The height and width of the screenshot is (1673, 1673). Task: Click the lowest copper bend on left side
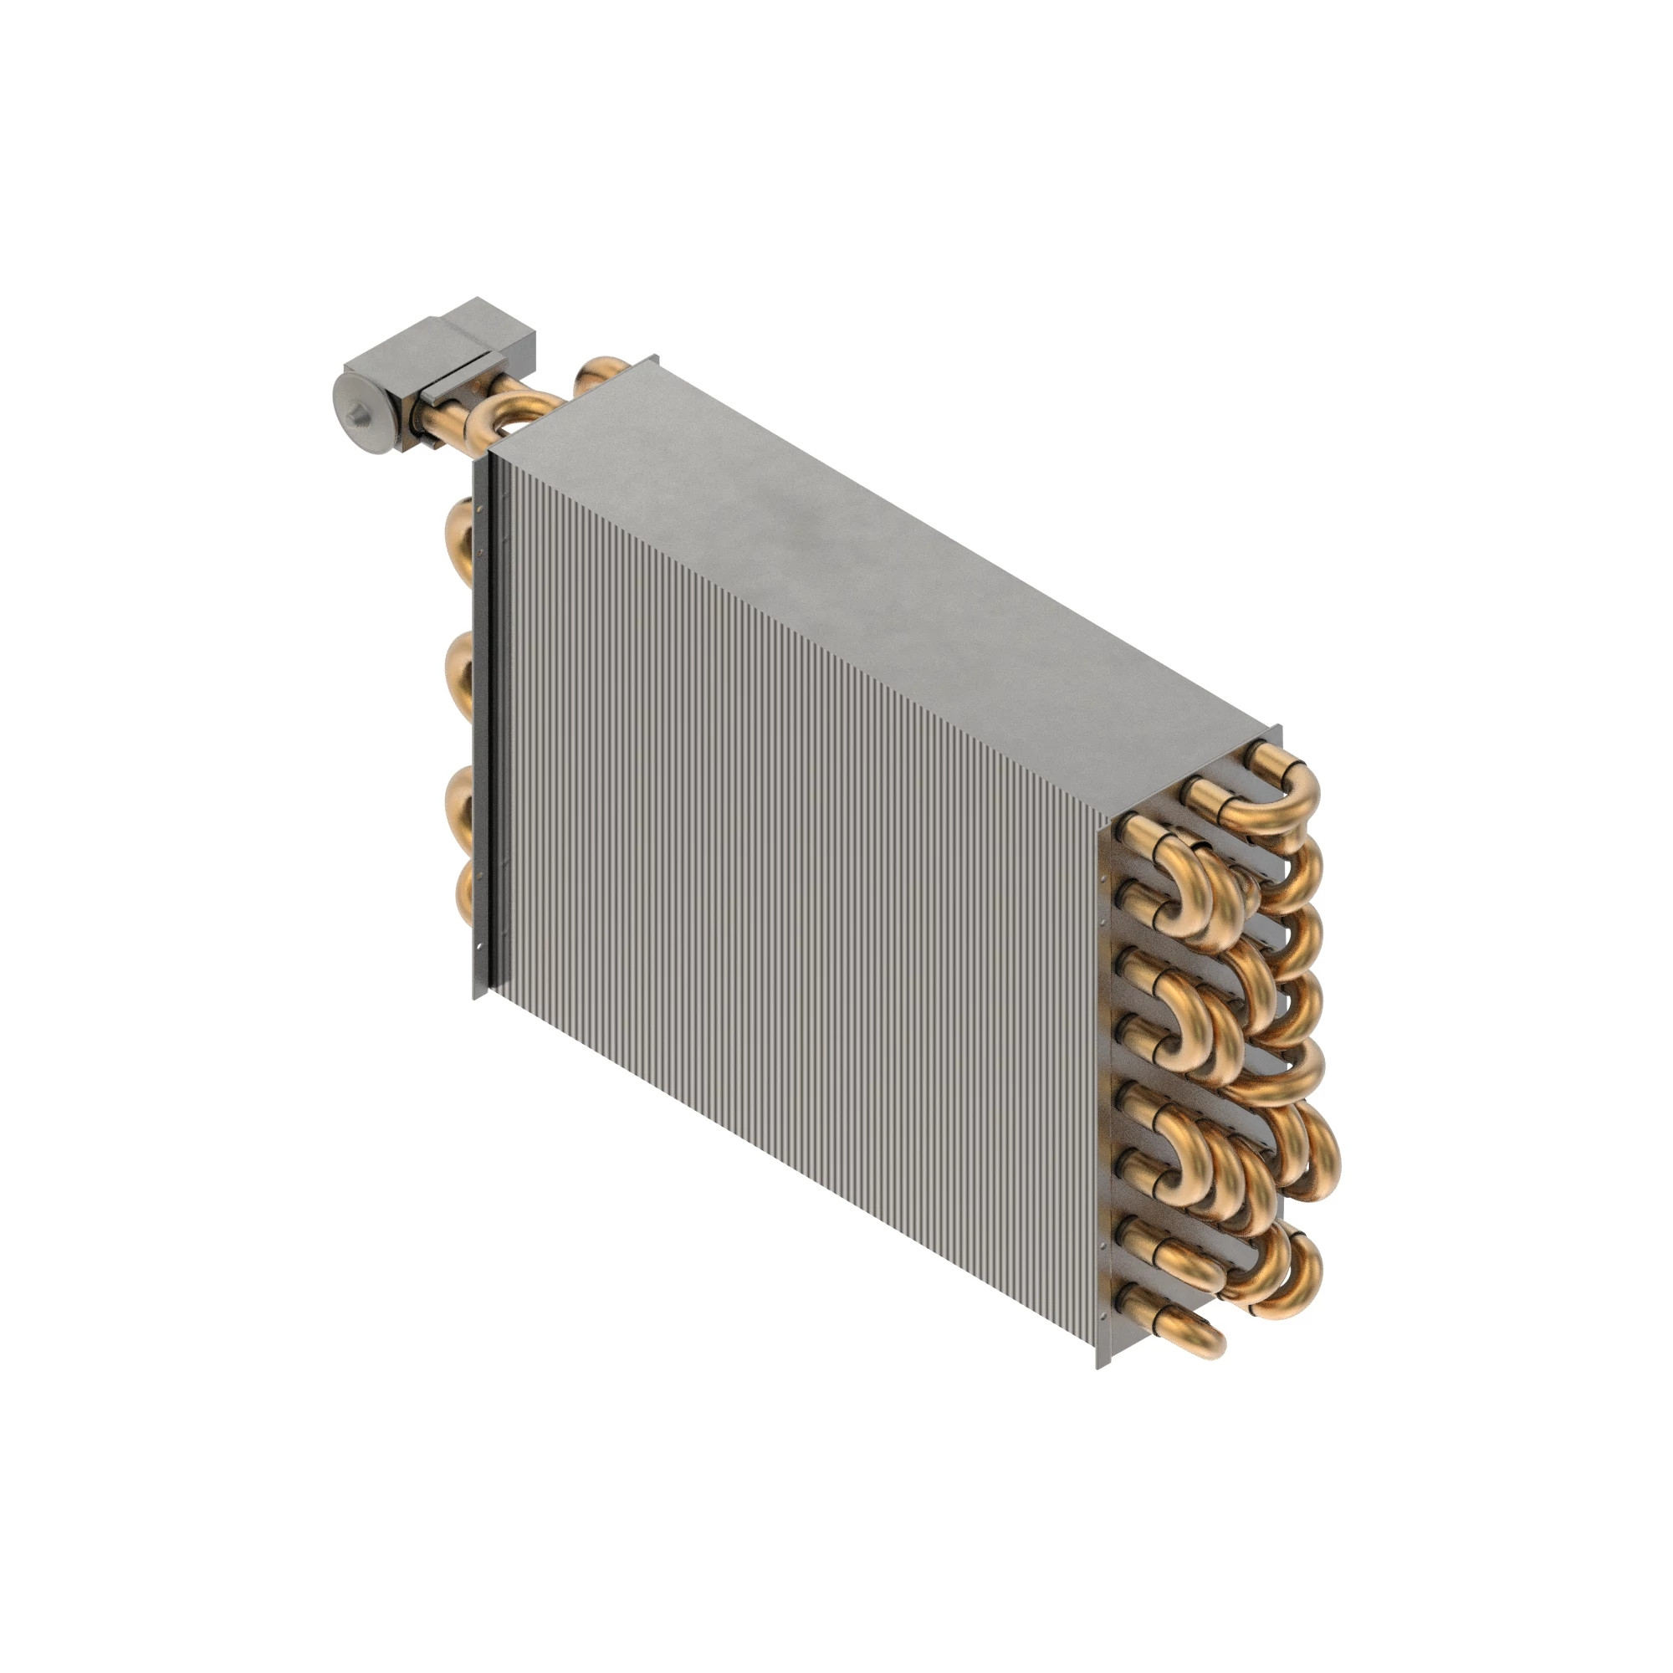click(463, 892)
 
